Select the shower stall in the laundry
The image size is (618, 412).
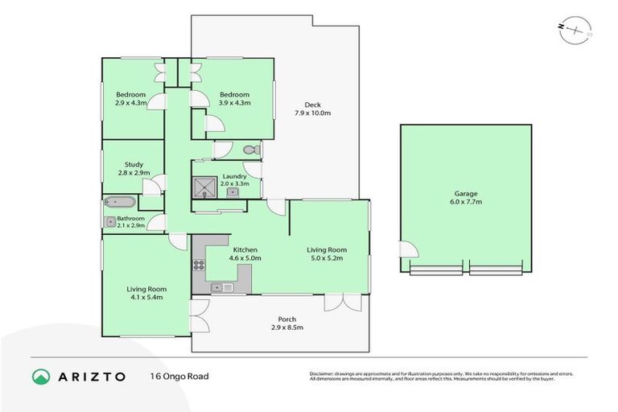[x=204, y=188]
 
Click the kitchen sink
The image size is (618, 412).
[x=221, y=286]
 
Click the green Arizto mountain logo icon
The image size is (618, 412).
[x=42, y=377]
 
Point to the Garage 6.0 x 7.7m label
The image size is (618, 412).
[x=466, y=198]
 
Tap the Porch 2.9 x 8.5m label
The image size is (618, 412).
[x=287, y=323]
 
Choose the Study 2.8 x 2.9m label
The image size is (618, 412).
[x=134, y=168]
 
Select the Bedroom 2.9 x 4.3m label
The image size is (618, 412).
[x=130, y=99]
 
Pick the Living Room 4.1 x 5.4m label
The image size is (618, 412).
[x=145, y=293]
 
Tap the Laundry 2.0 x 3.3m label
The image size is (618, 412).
[x=234, y=179]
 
